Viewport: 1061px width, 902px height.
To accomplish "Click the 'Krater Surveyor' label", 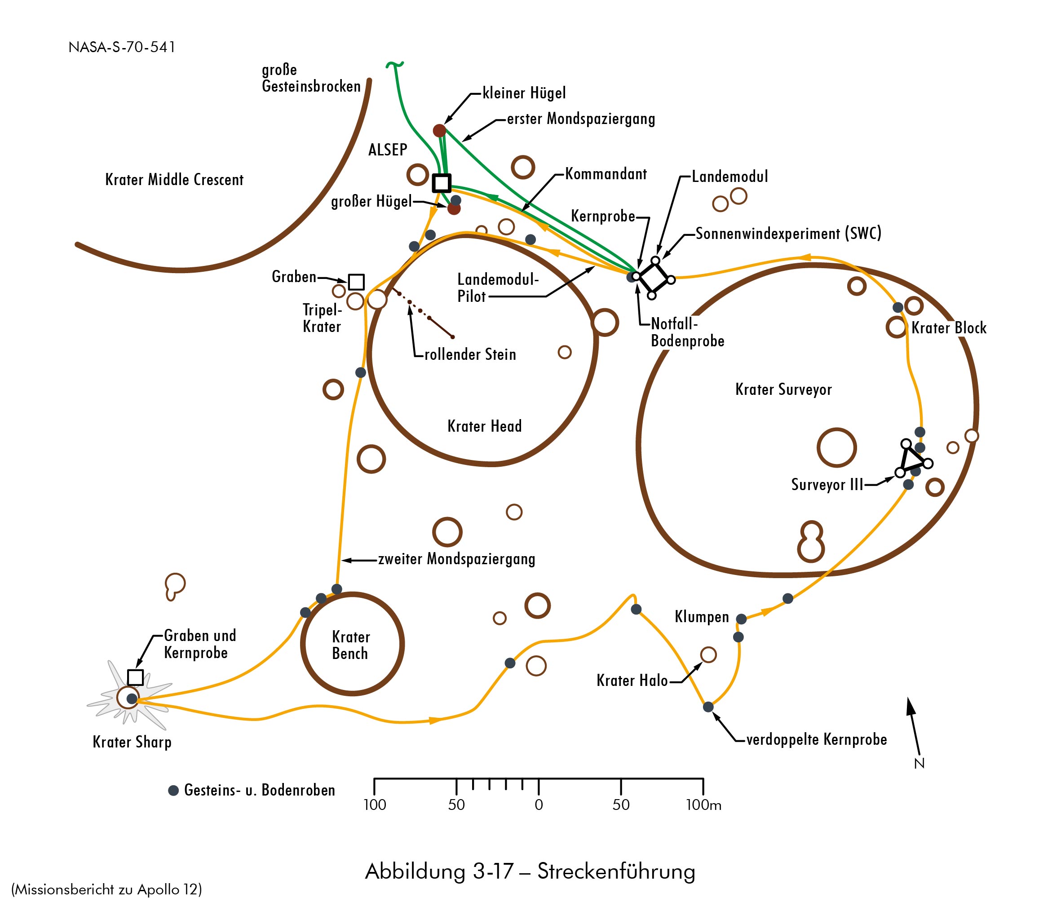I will coord(783,389).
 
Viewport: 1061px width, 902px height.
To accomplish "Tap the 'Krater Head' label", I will coord(484,426).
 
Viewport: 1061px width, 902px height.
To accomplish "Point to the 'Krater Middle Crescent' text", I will coord(174,180).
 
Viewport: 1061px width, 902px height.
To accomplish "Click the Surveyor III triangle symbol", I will coord(912,459).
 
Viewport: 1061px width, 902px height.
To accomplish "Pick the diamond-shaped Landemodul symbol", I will coord(654,278).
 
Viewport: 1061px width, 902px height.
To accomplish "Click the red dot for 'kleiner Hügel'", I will coord(439,131).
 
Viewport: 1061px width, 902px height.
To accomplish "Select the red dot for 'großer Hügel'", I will coord(454,208).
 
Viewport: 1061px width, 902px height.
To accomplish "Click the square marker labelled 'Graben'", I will coord(356,282).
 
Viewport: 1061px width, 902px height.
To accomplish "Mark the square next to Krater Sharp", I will coord(135,677).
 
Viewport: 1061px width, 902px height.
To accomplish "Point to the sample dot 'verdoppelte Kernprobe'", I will coord(708,707).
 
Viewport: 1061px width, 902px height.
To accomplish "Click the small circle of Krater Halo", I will coord(708,654).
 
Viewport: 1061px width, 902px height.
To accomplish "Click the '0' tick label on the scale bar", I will coord(539,805).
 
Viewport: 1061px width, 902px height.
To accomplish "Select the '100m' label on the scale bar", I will coord(703,805).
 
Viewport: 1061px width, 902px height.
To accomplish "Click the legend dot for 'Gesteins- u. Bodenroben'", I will coord(173,791).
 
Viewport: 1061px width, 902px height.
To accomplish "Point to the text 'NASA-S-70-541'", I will coord(122,47).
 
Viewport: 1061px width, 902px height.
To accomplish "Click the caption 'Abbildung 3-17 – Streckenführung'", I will coord(530,871).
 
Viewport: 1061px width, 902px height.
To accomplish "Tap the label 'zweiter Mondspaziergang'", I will coord(456,559).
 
